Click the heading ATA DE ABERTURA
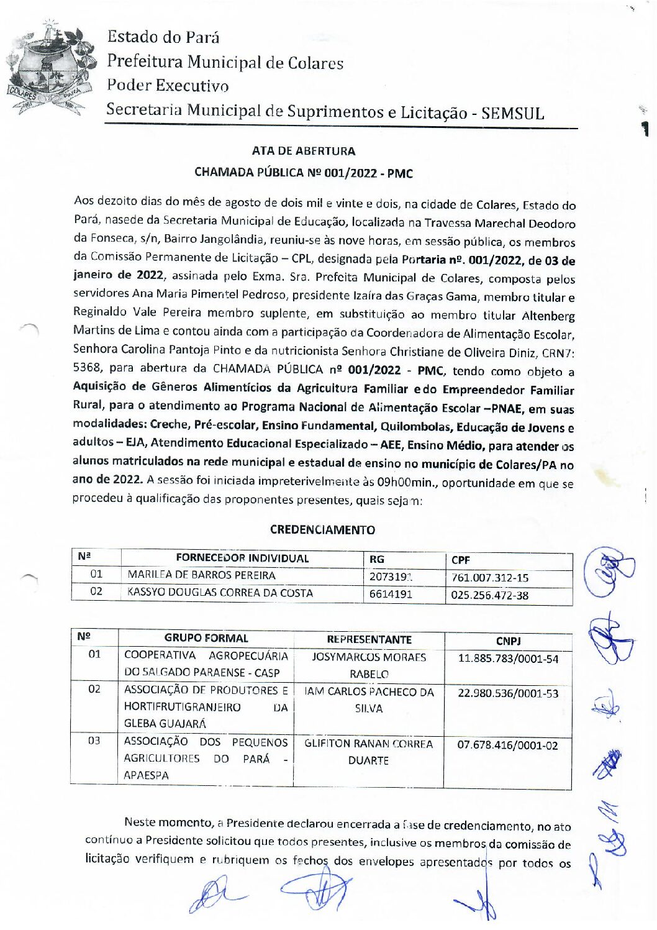(x=304, y=151)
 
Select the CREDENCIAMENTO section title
(x=322, y=530)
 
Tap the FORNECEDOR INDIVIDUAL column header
(x=242, y=558)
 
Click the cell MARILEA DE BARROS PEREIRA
(x=201, y=575)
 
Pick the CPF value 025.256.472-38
(x=490, y=595)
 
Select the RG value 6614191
(x=391, y=594)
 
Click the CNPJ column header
(x=508, y=641)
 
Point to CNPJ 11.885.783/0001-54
(x=508, y=659)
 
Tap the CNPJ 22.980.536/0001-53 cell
(x=508, y=693)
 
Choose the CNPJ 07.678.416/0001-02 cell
(x=507, y=745)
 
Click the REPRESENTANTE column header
(x=369, y=639)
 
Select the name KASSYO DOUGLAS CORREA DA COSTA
(x=220, y=593)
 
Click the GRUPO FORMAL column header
(x=206, y=638)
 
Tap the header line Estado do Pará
(x=163, y=37)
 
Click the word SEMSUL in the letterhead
(x=512, y=114)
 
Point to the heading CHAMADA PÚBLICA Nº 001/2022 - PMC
(x=304, y=173)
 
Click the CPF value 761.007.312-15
(x=490, y=578)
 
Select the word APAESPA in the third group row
(x=146, y=775)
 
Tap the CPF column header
(x=461, y=560)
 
